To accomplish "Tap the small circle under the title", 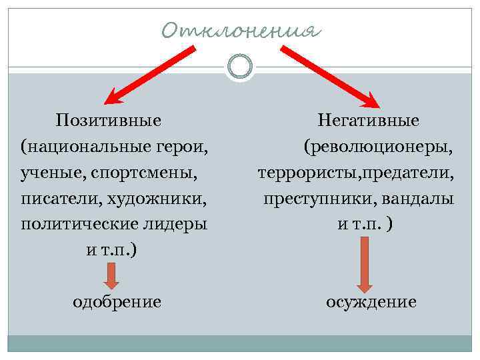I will [x=240, y=67].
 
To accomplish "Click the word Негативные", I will [x=369, y=121].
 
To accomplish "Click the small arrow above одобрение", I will [x=111, y=275].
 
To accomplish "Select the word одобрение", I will [x=117, y=302].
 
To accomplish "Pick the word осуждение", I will [x=371, y=302].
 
